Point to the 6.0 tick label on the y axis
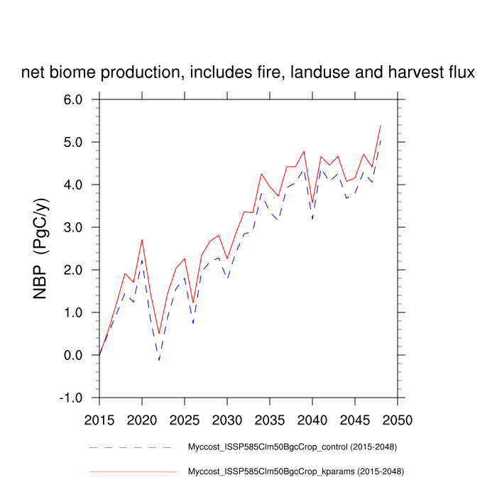tap(78, 99)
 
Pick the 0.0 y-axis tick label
tap(78, 355)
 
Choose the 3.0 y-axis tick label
tap(78, 227)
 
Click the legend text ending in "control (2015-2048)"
tap(292, 447)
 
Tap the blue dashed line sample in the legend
tap(132, 447)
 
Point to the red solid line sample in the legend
tap(132, 471)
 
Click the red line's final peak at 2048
tap(381, 126)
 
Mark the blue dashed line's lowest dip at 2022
tap(159, 360)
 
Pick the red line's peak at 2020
tap(142, 239)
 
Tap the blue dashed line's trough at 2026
tap(193, 323)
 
